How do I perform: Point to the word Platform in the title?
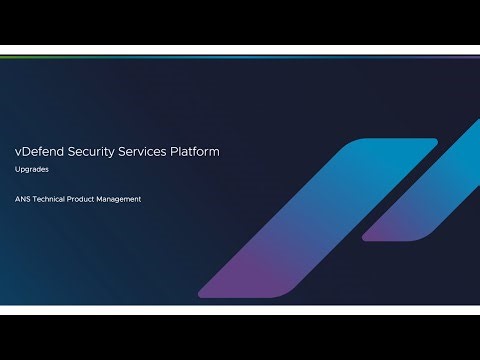click(x=192, y=151)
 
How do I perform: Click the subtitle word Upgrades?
click(x=31, y=170)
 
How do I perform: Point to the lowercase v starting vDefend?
click(x=18, y=152)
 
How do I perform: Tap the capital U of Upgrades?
click(x=18, y=170)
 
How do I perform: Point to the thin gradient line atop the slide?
click(x=240, y=57)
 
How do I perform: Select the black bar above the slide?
click(x=240, y=25)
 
